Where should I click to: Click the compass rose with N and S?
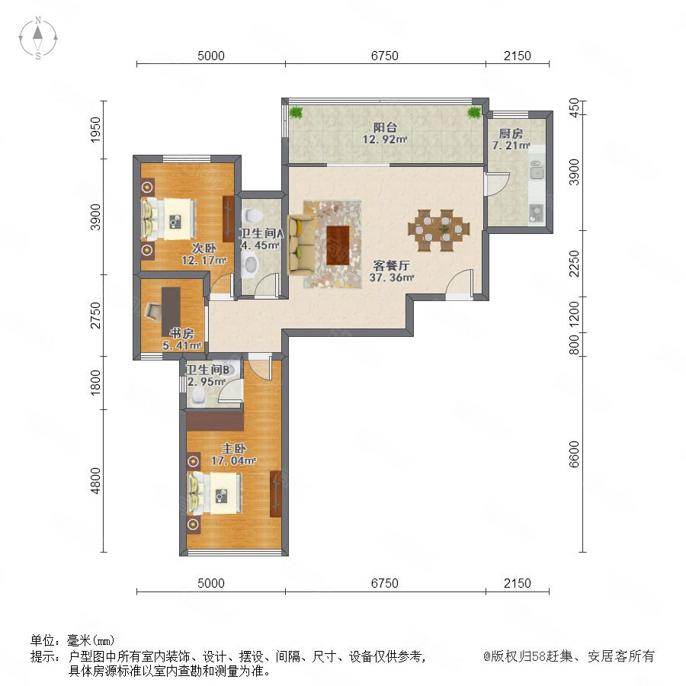coord(38,38)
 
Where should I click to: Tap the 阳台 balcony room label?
coord(385,127)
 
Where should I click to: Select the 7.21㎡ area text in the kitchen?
coord(511,146)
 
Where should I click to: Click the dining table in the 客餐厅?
coord(439,230)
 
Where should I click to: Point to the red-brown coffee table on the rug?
coord(338,245)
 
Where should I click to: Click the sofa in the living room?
coord(300,244)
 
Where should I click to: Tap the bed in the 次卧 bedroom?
coord(168,219)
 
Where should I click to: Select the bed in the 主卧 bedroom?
coord(215,493)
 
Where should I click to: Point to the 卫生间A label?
coord(261,233)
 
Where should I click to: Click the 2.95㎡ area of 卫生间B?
coord(207,382)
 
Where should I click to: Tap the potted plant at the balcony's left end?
coord(297,112)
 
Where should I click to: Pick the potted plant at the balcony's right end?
coord(474,113)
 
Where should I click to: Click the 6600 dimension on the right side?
coord(574,454)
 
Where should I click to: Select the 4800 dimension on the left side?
coord(95,481)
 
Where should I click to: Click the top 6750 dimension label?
coord(385,56)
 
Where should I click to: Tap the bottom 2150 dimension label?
coord(517,583)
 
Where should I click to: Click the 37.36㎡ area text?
coord(392,277)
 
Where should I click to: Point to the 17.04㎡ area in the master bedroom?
coord(233,460)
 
